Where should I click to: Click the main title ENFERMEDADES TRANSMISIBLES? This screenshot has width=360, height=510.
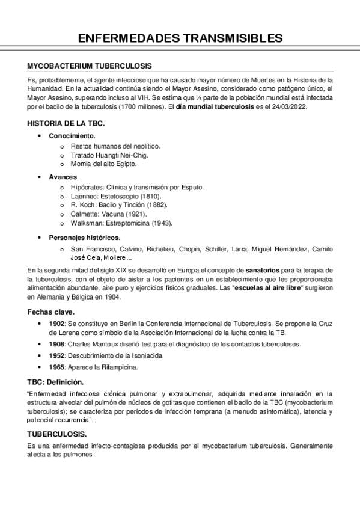[x=180, y=39]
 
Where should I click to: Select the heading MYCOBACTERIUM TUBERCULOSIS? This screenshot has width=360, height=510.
[x=90, y=66]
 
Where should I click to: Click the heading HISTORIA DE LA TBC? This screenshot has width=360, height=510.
[x=66, y=123]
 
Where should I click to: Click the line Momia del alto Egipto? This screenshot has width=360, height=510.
[x=103, y=164]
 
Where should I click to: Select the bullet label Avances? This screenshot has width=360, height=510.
[x=63, y=177]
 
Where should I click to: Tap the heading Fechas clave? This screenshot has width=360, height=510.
[x=51, y=312]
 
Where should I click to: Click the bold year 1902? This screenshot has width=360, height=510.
[x=57, y=324]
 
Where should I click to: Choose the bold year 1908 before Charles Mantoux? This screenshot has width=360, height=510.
[x=57, y=344]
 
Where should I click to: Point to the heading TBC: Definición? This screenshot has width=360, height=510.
[x=55, y=381]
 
